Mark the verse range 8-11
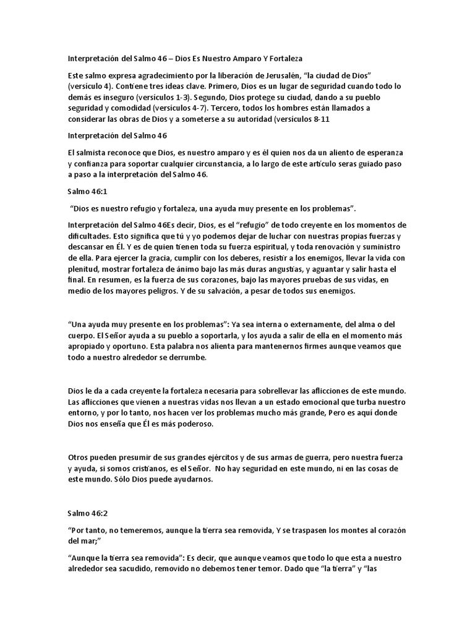tap(319, 120)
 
